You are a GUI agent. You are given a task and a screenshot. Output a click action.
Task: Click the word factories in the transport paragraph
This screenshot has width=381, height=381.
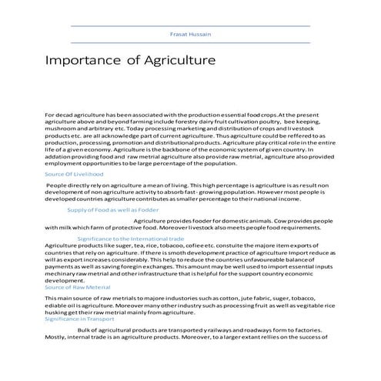[313, 329]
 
